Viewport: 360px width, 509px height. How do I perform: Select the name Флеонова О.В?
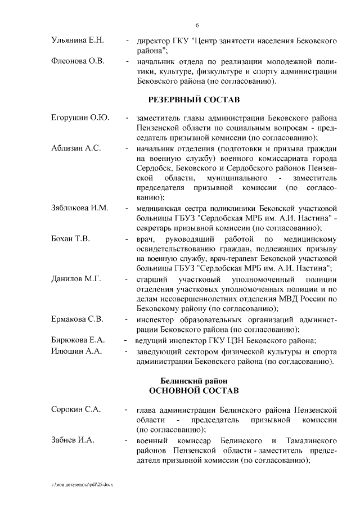(x=75, y=61)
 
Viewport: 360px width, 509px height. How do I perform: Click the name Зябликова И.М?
(x=80, y=208)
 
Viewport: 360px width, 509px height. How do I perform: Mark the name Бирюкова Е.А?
(x=77, y=340)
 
